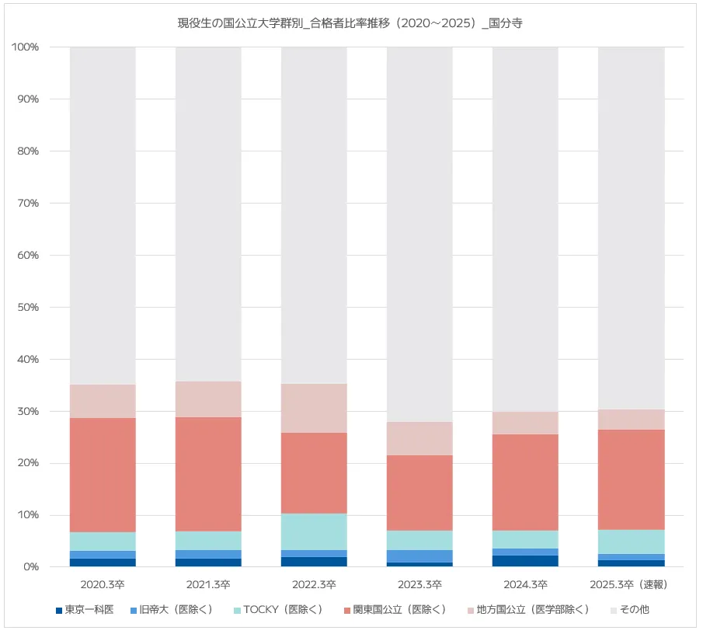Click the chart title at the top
(350, 23)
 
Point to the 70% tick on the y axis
(28, 204)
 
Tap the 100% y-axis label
(26, 47)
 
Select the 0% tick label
(31, 567)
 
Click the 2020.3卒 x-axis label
(103, 584)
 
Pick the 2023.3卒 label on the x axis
(419, 584)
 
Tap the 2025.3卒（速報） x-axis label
(631, 584)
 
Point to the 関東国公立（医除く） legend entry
(398, 610)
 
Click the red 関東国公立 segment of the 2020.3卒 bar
(103, 475)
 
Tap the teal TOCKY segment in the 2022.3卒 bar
(314, 531)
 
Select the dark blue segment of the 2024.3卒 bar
(525, 561)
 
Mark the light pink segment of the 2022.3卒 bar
(314, 408)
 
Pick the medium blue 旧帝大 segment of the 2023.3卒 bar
(419, 556)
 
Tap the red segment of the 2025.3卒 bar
(631, 479)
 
